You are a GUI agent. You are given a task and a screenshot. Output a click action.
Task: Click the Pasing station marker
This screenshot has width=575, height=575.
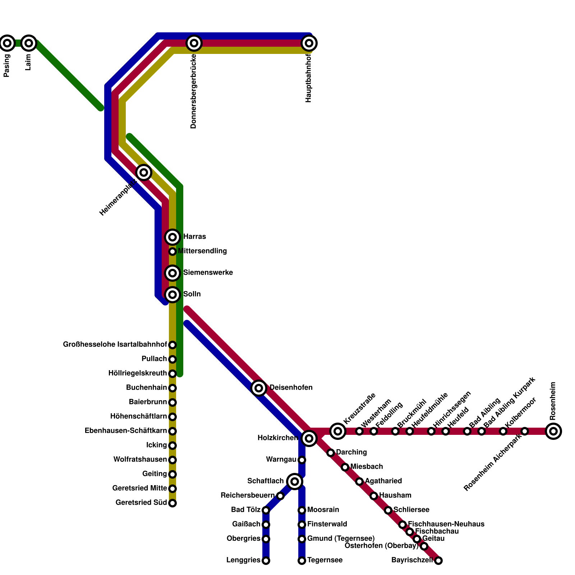pos(7,43)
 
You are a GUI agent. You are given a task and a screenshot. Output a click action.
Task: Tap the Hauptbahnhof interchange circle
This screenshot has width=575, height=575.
pos(309,43)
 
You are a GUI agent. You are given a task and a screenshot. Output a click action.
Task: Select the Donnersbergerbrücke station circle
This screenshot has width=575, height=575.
pos(194,43)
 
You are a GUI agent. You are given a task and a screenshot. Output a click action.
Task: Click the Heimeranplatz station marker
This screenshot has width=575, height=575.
pos(144,172)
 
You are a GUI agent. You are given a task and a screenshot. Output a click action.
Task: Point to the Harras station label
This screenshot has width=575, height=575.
pos(194,237)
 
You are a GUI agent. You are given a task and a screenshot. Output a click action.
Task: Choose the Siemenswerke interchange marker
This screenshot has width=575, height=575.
pos(172,273)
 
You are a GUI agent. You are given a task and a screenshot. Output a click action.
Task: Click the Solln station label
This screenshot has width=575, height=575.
pos(192,294)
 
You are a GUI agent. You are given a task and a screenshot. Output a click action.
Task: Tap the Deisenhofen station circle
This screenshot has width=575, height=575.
pos(259,388)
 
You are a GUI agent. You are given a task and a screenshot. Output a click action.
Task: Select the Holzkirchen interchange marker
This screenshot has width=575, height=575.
pos(309,438)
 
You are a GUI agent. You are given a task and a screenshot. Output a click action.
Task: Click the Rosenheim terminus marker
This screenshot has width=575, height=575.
pos(553,431)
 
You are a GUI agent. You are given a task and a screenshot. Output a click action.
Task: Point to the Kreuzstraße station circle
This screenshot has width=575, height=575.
pos(338,431)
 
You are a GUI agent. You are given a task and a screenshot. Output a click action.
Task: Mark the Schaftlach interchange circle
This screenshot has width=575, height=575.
pos(295,481)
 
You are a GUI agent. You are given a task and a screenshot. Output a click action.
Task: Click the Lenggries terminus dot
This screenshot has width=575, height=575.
pos(266,561)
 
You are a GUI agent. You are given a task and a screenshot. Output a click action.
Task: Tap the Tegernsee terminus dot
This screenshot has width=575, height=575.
pos(302,561)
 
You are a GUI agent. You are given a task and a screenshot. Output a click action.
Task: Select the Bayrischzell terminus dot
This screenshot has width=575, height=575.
pos(438,561)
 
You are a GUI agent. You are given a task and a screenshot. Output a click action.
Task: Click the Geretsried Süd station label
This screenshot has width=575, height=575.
pos(141,503)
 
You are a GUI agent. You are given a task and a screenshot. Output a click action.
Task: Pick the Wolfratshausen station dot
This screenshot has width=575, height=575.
pos(172,460)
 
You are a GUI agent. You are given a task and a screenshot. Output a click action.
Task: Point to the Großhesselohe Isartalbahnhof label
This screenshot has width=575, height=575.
pos(115,345)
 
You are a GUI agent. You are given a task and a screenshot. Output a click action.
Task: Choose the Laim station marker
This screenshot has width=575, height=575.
pos(29,43)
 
